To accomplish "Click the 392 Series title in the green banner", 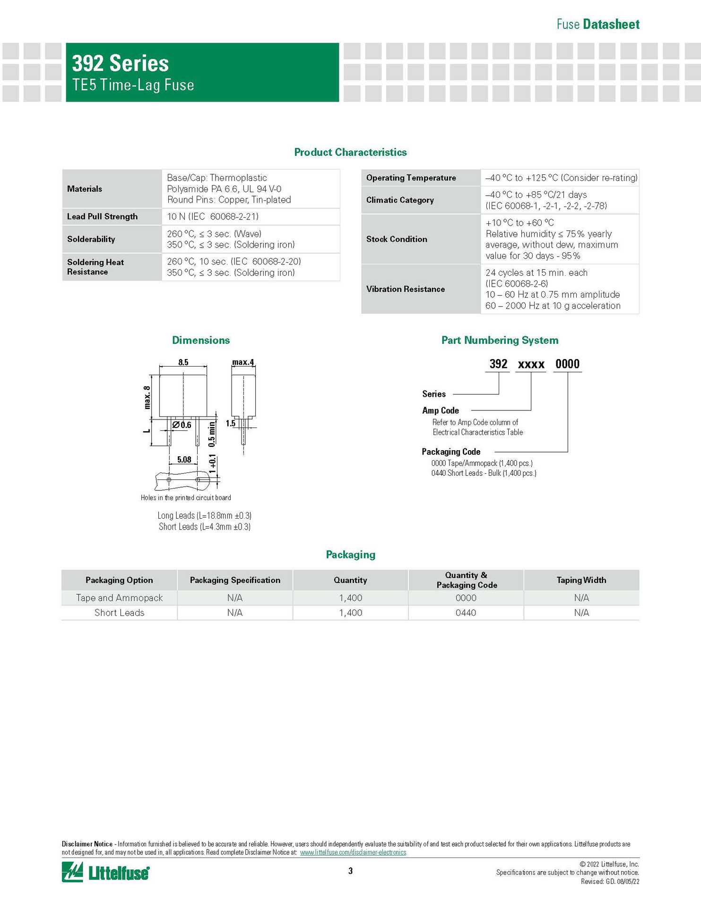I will pyautogui.click(x=120, y=63).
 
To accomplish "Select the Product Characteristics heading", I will pyautogui.click(x=350, y=152).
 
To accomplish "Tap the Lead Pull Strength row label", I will pyautogui.click(x=102, y=216).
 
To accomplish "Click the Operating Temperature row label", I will pyautogui.click(x=411, y=178).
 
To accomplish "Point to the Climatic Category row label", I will pyautogui.click(x=400, y=200).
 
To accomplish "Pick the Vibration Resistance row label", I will pyautogui.click(x=405, y=289).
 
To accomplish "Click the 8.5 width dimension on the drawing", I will pyautogui.click(x=183, y=362).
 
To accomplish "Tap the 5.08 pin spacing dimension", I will pyautogui.click(x=184, y=460).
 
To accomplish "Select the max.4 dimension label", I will pyautogui.click(x=243, y=362).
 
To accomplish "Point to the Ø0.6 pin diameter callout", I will pyautogui.click(x=182, y=425).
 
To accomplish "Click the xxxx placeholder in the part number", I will pyautogui.click(x=531, y=364).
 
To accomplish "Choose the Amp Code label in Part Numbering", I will pyautogui.click(x=441, y=411).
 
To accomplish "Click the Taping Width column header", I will pyautogui.click(x=581, y=580).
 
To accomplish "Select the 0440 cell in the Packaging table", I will pyautogui.click(x=466, y=613).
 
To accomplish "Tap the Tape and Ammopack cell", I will pyautogui.click(x=119, y=598).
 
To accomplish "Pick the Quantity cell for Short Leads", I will pyautogui.click(x=350, y=613).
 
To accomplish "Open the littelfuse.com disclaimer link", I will pyautogui.click(x=353, y=852).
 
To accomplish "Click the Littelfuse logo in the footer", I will pyautogui.click(x=105, y=872).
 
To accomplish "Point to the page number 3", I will pyautogui.click(x=350, y=871).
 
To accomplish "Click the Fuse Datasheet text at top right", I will pyautogui.click(x=597, y=25).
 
